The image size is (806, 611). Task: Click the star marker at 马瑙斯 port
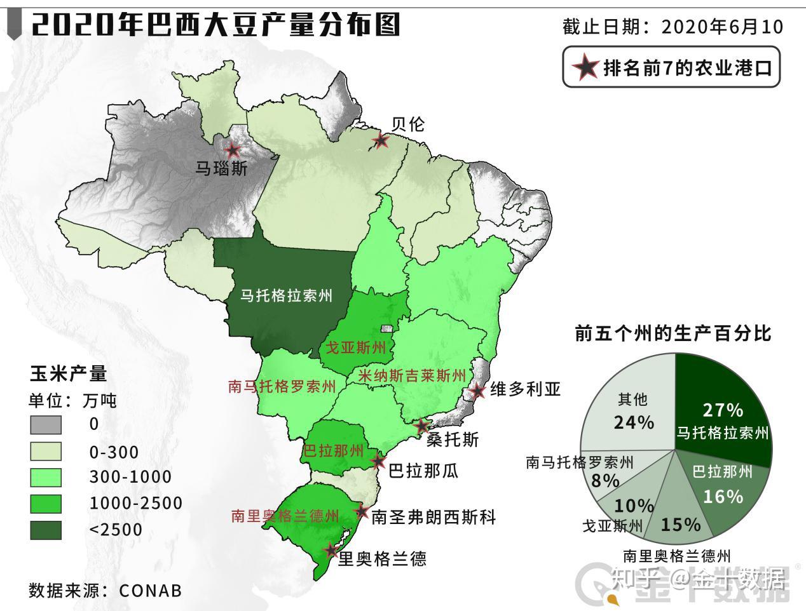tap(233, 151)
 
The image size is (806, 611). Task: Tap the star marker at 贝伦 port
tap(380, 140)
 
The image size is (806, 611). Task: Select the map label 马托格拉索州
tap(285, 295)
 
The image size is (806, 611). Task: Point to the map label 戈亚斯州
tap(355, 347)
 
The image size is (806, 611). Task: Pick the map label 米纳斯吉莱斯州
tap(412, 375)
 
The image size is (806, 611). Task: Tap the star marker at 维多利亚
tap(479, 391)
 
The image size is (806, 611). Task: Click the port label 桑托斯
tap(452, 439)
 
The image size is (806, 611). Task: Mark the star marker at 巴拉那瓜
tap(379, 461)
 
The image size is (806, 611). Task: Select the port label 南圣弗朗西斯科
tap(433, 516)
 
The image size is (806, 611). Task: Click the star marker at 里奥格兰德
tap(331, 550)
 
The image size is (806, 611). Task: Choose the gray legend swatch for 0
tap(46, 424)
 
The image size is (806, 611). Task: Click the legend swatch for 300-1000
tap(46, 477)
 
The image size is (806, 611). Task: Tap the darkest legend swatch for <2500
tap(46, 530)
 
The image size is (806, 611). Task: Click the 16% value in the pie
tap(723, 496)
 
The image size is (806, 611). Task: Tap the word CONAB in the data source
tap(151, 590)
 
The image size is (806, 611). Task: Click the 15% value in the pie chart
tap(680, 524)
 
